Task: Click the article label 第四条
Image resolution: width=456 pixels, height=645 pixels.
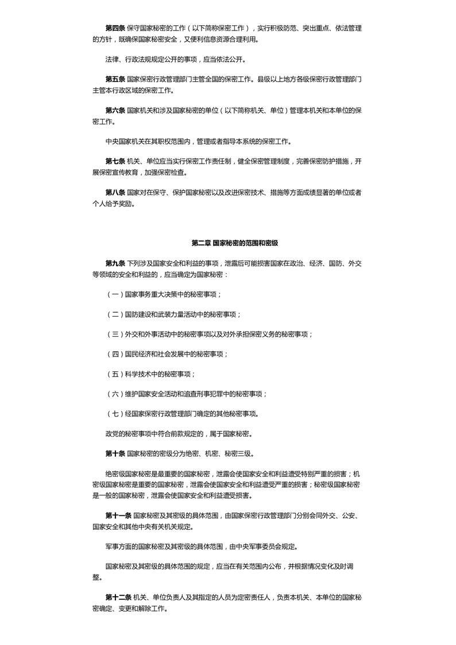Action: [x=115, y=28]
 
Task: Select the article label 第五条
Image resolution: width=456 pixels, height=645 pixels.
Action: [x=115, y=79]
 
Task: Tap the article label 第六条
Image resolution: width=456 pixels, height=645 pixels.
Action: [x=115, y=110]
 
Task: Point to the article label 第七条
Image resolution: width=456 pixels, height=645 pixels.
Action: [x=115, y=161]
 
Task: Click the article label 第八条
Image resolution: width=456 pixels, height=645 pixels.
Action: [x=115, y=192]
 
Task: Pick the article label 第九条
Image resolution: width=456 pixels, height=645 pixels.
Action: [x=115, y=263]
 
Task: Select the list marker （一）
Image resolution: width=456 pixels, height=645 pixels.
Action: [x=115, y=294]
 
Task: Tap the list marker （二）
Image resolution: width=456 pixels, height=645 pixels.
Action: [x=115, y=314]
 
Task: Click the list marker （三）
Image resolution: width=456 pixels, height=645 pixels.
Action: [x=115, y=334]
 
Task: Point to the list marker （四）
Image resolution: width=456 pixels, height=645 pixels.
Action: [x=115, y=354]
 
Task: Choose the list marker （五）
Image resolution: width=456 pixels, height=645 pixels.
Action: [x=115, y=374]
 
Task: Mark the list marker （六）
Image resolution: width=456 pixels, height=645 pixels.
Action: [x=115, y=394]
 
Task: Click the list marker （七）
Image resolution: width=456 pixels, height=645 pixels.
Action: [x=115, y=414]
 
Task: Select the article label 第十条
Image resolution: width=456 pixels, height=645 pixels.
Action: [x=115, y=453]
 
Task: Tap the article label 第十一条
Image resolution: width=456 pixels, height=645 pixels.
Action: [x=118, y=516]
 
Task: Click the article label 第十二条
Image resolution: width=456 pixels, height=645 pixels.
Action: [x=118, y=598]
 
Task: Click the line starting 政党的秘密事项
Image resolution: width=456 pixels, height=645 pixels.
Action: [x=178, y=434]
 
